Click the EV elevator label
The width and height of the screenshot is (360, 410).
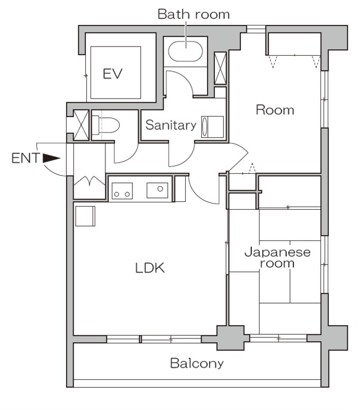[113, 74]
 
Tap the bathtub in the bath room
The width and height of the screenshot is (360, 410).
[185, 51]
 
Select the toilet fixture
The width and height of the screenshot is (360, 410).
[105, 125]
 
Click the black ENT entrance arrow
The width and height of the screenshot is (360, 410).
[51, 158]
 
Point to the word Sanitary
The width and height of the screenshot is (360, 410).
[171, 125]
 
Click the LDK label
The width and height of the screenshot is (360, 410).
[150, 268]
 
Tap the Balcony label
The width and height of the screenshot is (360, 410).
[197, 363]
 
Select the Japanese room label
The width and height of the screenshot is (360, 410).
[277, 257]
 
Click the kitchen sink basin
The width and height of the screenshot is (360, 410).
[157, 190]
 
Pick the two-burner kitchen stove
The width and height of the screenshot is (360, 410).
[122, 191]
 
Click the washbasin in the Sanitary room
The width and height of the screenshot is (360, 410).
[204, 127]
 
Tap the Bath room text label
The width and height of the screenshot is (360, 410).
[194, 14]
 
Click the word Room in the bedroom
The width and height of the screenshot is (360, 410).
[275, 110]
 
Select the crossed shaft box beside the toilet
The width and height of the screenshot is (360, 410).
[81, 125]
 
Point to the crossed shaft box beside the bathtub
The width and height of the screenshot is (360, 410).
[220, 68]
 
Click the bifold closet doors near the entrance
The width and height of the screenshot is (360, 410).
[89, 181]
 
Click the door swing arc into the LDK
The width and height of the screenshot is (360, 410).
[201, 194]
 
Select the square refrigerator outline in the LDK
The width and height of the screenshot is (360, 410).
[85, 216]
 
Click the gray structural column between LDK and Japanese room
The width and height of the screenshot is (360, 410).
[230, 337]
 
